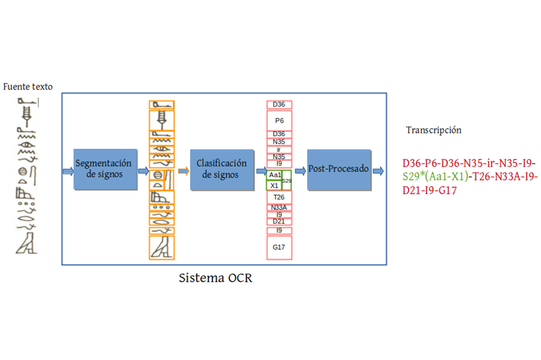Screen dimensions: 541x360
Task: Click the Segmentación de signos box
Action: point(105,169)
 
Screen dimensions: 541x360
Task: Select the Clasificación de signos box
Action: point(222,170)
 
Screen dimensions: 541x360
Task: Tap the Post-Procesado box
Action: point(339,170)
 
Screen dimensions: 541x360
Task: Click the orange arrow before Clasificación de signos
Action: point(183,171)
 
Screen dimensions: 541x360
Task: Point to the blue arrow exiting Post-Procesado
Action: point(378,171)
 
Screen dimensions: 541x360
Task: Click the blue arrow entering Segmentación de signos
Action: point(68,171)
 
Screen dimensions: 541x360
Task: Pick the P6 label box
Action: point(280,121)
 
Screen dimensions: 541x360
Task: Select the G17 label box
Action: point(280,248)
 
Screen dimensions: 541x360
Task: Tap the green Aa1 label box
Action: point(274,175)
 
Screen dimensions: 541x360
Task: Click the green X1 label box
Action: point(274,185)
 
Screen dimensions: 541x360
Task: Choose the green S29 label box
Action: point(287,181)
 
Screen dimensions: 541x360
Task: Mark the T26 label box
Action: point(280,197)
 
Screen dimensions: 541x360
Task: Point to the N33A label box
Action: point(280,208)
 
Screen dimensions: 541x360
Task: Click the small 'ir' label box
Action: point(280,150)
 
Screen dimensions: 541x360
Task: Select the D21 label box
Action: point(280,222)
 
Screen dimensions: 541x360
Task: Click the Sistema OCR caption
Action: point(216,278)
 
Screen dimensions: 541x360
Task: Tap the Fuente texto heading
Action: point(28,86)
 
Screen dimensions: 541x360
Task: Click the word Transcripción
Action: point(434,130)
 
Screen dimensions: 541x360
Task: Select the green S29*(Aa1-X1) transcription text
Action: point(436,177)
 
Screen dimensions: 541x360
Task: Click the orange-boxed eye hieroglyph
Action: point(162,149)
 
